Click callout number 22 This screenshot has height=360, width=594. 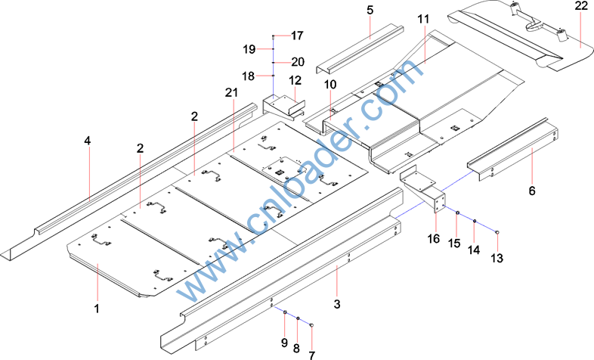[x=580, y=7]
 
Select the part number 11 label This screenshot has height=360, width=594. [x=422, y=17]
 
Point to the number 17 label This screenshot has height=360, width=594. [x=296, y=36]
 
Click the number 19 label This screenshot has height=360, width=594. [x=250, y=49]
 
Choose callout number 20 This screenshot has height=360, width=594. [x=297, y=62]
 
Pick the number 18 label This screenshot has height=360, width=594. [x=249, y=76]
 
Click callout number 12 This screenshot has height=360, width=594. [x=295, y=80]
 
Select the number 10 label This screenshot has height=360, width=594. [x=330, y=83]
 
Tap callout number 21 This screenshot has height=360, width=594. [x=231, y=92]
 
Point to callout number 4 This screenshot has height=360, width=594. [x=88, y=141]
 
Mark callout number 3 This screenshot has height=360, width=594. [x=337, y=303]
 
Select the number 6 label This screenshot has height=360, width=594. [x=531, y=191]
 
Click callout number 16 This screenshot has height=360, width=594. [x=433, y=239]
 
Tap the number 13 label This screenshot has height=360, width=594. [x=497, y=258]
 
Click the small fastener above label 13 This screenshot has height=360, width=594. [x=497, y=231]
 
